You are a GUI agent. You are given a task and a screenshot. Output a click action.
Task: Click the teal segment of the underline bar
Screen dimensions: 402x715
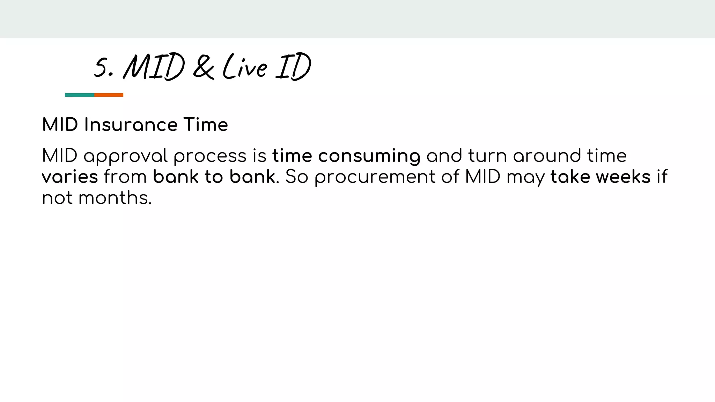[80, 95]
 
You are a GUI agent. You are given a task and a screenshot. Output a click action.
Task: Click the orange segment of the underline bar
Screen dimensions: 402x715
[109, 95]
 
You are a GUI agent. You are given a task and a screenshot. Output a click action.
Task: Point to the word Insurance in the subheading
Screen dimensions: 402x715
[131, 125]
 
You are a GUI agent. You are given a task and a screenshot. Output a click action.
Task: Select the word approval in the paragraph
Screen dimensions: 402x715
[126, 156]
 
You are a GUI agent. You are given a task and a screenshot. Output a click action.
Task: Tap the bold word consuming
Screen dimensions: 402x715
[369, 156]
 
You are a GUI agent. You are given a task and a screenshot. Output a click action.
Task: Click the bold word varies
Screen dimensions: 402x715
[70, 177]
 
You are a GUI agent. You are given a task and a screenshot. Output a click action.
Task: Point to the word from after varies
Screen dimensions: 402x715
[125, 177]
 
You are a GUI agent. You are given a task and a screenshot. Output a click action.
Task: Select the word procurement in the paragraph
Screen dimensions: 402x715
[375, 177]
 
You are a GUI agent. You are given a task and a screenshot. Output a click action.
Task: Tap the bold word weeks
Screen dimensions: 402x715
[623, 177]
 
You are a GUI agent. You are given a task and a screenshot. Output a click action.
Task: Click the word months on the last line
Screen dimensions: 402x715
[115, 198]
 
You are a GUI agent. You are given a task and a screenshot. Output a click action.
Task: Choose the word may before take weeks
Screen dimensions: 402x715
[525, 177]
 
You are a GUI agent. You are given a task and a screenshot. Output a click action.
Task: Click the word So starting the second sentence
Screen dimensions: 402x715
[296, 177]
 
